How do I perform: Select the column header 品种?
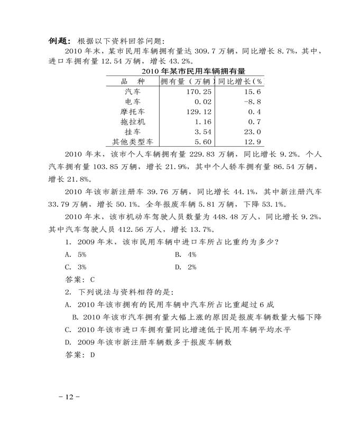pyautogui.click(x=133, y=81)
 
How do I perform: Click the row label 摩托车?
pyautogui.click(x=133, y=111)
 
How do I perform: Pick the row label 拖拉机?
pyautogui.click(x=133, y=121)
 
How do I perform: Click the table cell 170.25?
pyautogui.click(x=199, y=91)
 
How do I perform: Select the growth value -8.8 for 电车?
pyautogui.click(x=251, y=101)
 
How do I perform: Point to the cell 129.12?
pyautogui.click(x=199, y=111)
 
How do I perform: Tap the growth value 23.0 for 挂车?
pyautogui.click(x=251, y=132)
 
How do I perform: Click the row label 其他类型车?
pyautogui.click(x=133, y=142)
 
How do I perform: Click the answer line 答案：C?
pyautogui.click(x=79, y=279)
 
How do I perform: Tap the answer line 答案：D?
pyautogui.click(x=79, y=355)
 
